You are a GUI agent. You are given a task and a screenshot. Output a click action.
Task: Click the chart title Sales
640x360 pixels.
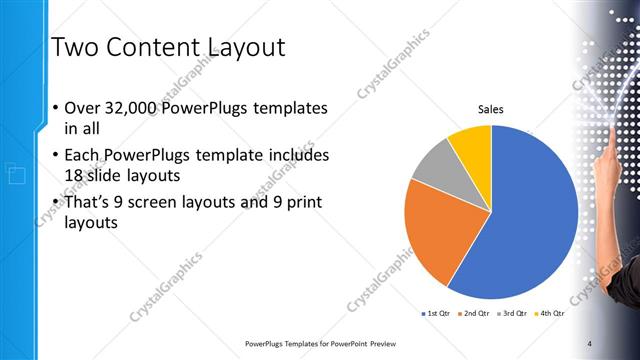pyautogui.click(x=490, y=109)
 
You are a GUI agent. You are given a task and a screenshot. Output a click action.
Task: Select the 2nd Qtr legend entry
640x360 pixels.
pyautogui.click(x=474, y=314)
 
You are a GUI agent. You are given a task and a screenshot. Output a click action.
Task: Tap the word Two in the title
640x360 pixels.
pyautogui.click(x=76, y=47)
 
